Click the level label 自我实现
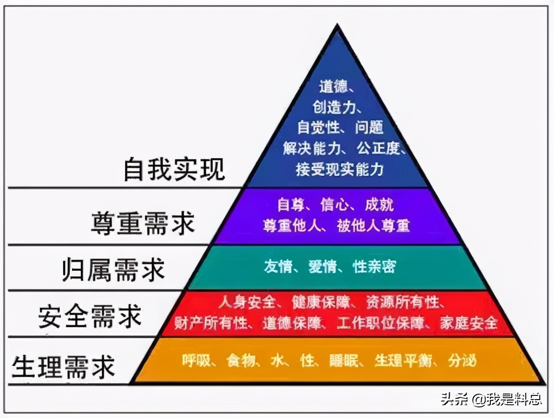pos(174,169)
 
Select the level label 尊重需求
pos(143,223)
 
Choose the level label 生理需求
pos(63,366)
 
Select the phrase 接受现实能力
pos(340,169)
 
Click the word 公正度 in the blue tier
pos(379,149)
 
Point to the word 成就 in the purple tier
pos(379,204)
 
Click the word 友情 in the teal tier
pos(278,267)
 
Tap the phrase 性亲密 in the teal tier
pos(374,267)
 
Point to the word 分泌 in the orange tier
pos(462,360)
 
